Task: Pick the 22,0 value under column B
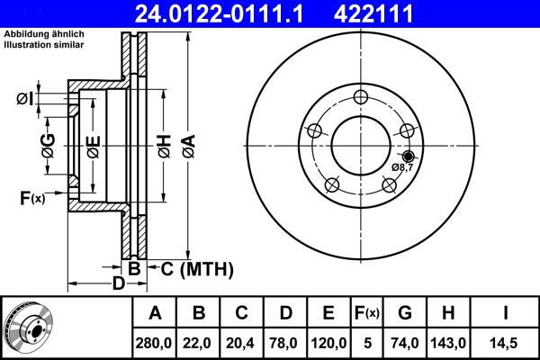[x=199, y=343]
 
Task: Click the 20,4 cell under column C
[x=242, y=343]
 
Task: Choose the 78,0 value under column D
[x=285, y=343]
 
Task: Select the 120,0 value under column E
[x=328, y=343]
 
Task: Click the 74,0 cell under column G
[x=406, y=343]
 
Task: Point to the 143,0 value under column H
[x=449, y=343]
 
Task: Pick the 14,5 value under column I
[x=506, y=343]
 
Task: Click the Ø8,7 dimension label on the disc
[x=402, y=167]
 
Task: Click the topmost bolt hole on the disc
[x=361, y=98]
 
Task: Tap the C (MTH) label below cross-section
[x=196, y=268]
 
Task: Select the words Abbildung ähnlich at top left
[x=44, y=33]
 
